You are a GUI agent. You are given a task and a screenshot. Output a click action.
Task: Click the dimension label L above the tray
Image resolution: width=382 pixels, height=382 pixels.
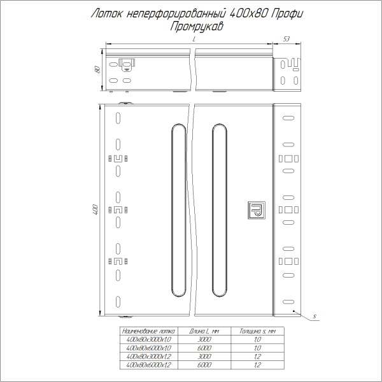tap(193, 40)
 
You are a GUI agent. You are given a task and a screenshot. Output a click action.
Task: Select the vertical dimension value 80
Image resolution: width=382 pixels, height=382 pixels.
tap(97, 69)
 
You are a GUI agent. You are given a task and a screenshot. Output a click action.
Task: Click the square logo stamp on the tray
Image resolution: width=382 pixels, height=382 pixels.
tap(256, 209)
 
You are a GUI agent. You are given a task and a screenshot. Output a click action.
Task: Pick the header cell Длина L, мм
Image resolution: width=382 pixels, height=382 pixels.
tap(204, 332)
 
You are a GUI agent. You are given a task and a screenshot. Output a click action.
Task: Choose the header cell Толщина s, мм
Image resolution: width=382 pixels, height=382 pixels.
tap(257, 332)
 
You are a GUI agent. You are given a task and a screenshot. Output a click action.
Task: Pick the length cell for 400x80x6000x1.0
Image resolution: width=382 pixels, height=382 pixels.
tap(204, 348)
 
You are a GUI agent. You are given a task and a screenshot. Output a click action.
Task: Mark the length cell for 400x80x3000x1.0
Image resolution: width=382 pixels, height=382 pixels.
tap(204, 340)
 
